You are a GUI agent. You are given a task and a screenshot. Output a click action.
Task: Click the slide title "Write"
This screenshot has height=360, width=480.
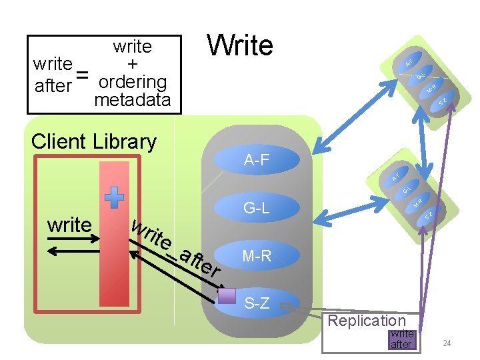click(240, 45)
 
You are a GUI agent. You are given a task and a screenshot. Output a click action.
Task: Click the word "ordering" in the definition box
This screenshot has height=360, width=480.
click(132, 82)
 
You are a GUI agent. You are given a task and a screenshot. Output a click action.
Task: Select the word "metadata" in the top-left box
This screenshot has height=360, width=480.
click(133, 100)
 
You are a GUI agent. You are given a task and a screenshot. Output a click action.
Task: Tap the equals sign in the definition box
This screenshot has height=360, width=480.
click(82, 75)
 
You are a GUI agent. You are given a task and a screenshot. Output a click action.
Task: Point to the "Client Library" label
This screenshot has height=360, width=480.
click(94, 141)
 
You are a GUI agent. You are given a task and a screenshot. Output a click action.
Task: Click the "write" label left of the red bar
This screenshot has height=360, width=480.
click(69, 225)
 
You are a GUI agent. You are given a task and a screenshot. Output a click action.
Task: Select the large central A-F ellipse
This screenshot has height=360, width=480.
click(257, 160)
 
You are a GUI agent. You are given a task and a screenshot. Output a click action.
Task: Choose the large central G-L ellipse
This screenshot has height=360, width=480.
click(257, 208)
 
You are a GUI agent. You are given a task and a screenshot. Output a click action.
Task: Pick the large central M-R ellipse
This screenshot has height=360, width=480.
click(257, 256)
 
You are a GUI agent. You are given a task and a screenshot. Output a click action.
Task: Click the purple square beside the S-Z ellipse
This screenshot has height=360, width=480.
click(227, 296)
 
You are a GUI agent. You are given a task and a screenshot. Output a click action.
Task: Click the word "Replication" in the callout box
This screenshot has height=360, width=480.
click(366, 321)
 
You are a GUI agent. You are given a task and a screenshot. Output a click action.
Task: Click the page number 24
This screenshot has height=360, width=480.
click(447, 343)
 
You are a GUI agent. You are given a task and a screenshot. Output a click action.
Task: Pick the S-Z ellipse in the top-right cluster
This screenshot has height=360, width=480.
click(443, 101)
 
